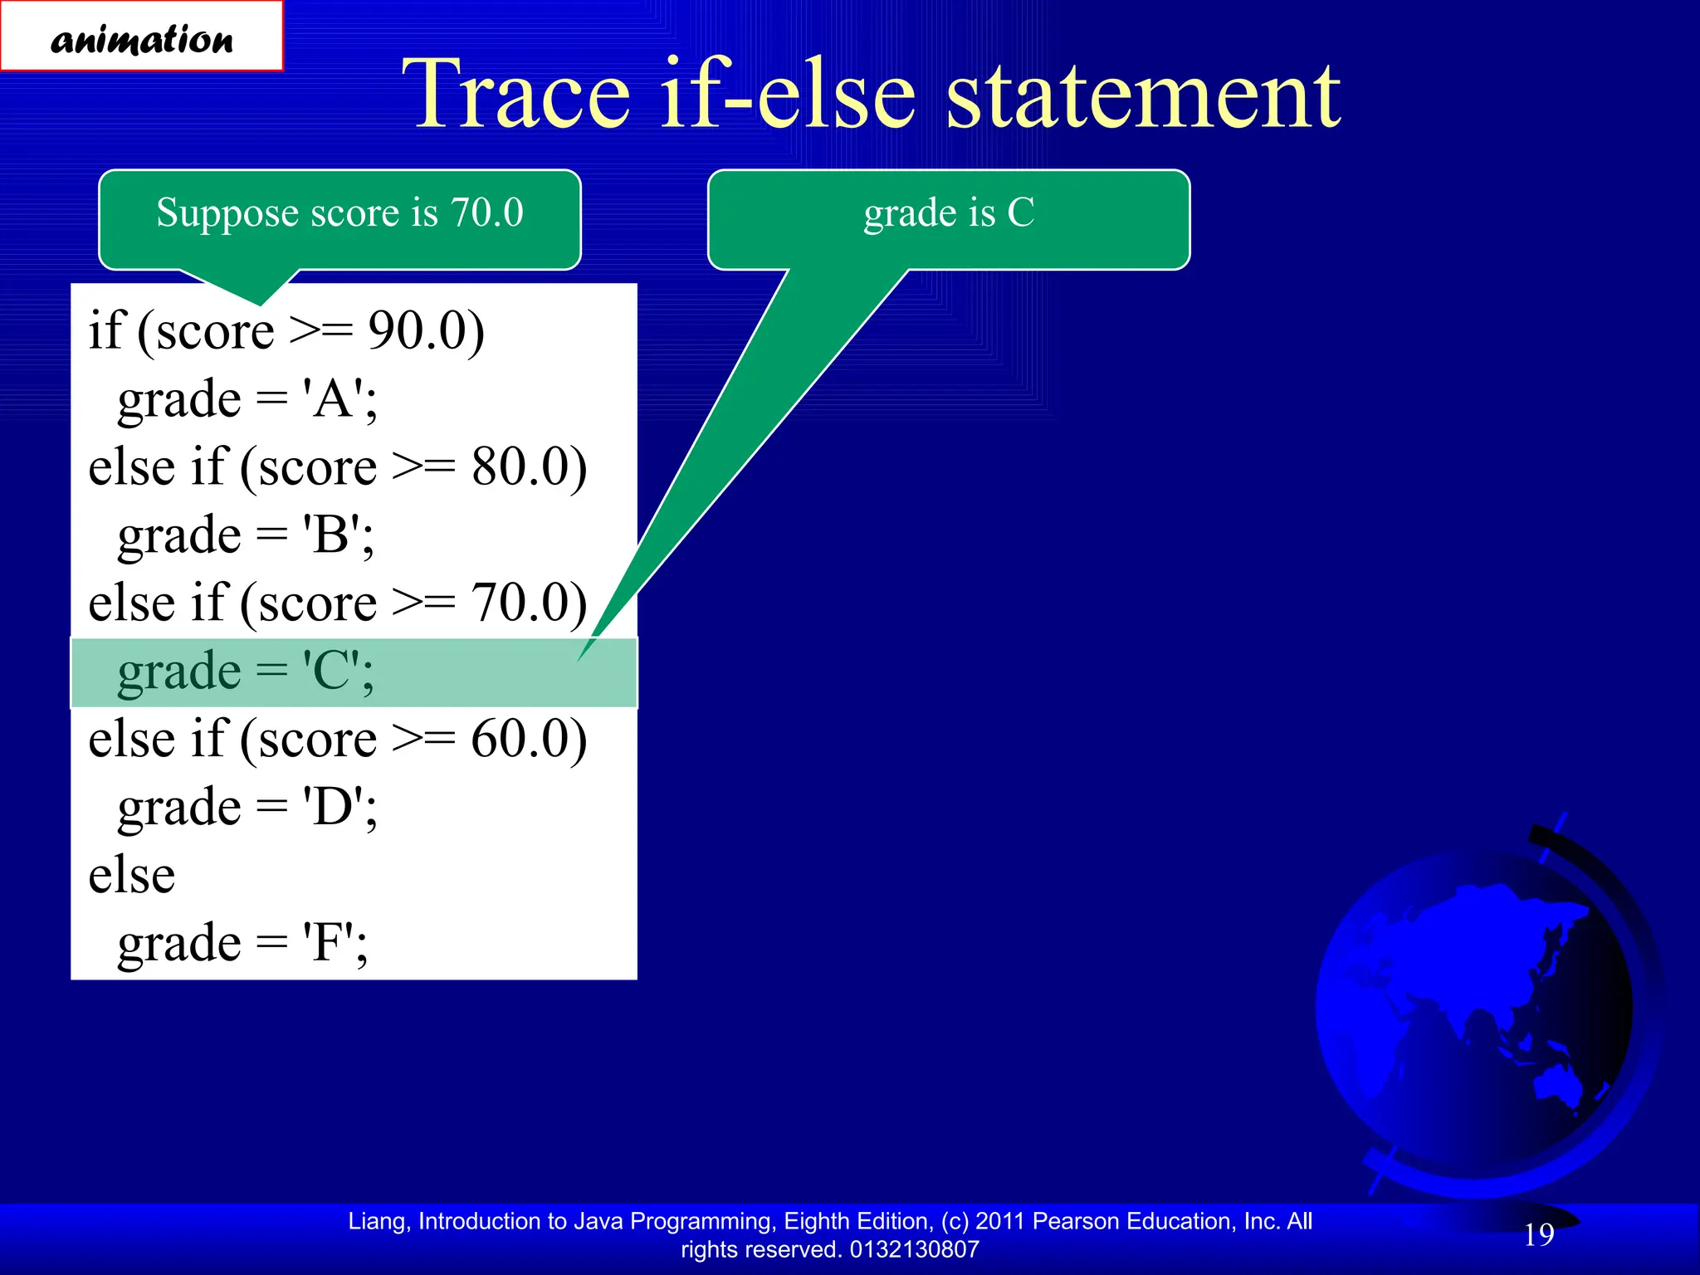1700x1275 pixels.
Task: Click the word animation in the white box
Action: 142,40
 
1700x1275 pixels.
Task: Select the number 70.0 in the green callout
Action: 486,212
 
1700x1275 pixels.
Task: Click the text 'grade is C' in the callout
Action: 949,212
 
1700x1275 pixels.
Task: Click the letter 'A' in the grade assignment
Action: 333,399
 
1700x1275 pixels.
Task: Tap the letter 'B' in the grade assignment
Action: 331,535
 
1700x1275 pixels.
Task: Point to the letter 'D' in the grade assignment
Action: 333,807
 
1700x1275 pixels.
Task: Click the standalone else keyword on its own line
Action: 132,875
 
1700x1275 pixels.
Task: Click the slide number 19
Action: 1538,1234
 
